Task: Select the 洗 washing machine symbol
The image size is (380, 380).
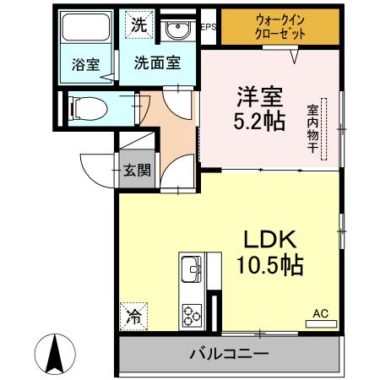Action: pos(137,24)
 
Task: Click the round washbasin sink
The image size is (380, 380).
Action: pos(177,32)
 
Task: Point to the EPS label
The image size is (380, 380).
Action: pos(208,26)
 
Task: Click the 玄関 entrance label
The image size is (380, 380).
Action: pos(138,171)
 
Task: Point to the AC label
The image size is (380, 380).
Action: pos(321,313)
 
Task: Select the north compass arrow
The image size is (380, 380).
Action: pos(57,355)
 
